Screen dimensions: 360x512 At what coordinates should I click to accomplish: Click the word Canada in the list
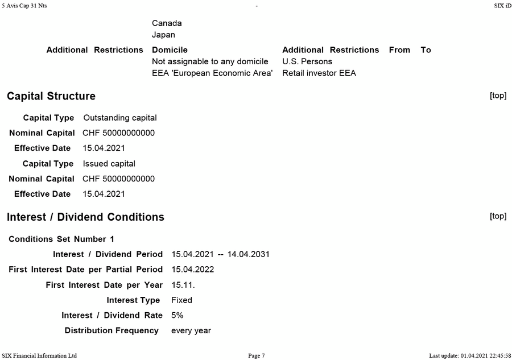(x=167, y=23)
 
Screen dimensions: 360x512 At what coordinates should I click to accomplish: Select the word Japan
(x=163, y=35)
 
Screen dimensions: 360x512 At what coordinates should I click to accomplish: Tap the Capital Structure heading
(x=51, y=96)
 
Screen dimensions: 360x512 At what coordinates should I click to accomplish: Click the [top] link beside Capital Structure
(x=498, y=96)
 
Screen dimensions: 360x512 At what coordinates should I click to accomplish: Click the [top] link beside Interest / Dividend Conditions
(x=498, y=216)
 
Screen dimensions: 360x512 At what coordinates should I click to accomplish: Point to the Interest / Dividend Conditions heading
(x=85, y=217)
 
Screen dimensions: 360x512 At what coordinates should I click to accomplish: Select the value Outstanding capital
(x=120, y=118)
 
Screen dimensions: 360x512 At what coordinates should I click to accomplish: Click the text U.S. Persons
(x=307, y=61)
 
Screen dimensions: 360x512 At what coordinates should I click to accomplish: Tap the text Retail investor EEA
(x=319, y=73)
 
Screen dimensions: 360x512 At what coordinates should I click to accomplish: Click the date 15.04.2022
(x=192, y=270)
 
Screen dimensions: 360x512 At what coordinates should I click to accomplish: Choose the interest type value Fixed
(x=181, y=300)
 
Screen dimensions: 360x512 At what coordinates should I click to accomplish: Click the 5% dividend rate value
(x=177, y=315)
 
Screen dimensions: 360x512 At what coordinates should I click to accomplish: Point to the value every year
(x=191, y=330)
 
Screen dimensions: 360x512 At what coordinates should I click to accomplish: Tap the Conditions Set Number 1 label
(x=61, y=239)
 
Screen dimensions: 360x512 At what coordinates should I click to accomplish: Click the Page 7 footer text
(x=257, y=355)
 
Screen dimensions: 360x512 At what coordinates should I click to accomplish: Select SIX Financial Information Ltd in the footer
(x=39, y=355)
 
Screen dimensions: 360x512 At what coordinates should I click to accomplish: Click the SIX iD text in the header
(x=503, y=5)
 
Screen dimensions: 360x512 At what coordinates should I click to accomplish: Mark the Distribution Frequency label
(x=112, y=330)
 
